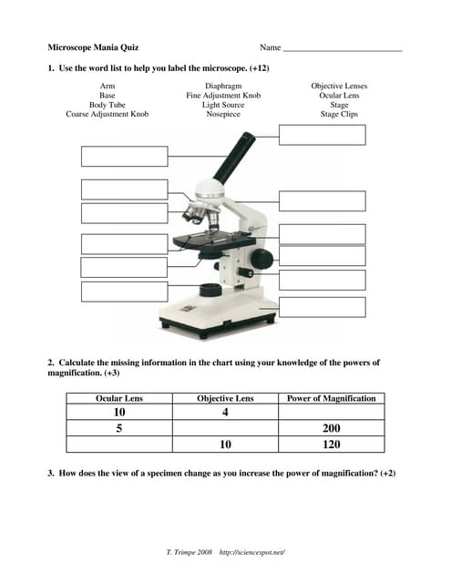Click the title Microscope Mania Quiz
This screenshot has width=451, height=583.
[93, 47]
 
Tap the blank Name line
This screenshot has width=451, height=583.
[343, 51]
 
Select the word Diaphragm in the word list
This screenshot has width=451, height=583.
[223, 87]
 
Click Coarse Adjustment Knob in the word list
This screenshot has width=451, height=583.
[108, 114]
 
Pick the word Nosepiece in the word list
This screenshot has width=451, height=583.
[223, 114]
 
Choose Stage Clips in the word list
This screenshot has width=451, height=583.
[339, 114]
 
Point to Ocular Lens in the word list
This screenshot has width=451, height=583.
[339, 96]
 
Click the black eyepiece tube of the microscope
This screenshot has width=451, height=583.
[234, 158]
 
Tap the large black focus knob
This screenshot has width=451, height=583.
[261, 259]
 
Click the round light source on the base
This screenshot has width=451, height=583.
[210, 290]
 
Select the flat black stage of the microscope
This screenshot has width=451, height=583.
[214, 240]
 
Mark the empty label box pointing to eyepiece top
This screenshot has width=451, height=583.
[323, 135]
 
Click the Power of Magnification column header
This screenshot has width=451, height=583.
[332, 399]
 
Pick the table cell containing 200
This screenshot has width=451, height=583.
[332, 428]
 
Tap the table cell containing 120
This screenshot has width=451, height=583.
[332, 445]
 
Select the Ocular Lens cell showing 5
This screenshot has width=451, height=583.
[119, 428]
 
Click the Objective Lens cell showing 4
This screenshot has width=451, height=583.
[225, 413]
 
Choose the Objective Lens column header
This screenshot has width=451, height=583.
[225, 399]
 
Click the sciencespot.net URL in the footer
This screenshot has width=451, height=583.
[252, 553]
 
